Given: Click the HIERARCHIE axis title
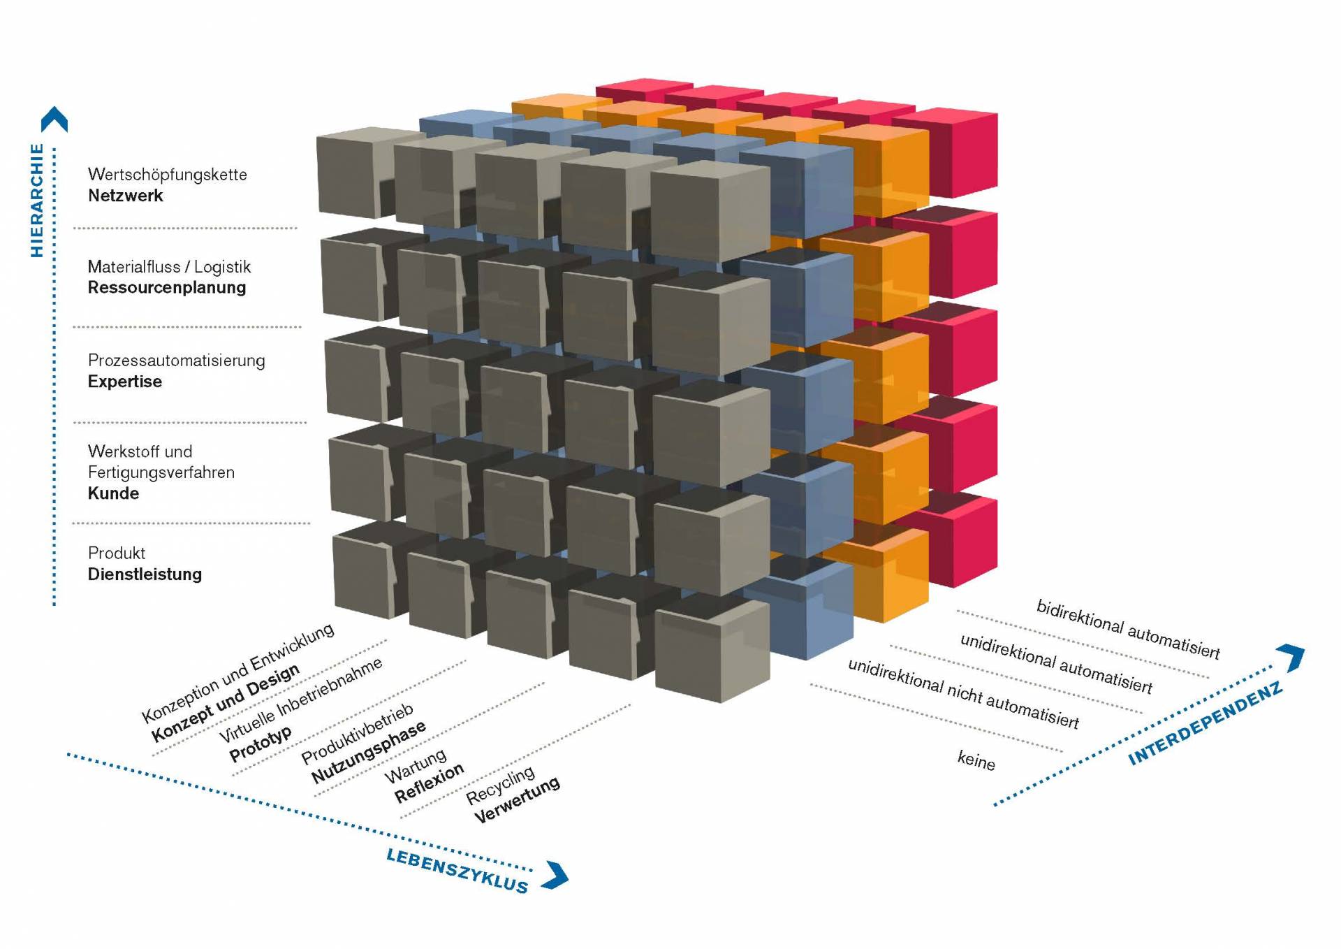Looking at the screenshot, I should point(37,201).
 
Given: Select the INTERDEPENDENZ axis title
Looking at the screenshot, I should point(1206,724).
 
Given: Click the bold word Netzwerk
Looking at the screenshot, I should point(125,196).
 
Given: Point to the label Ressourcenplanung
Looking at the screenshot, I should point(166,287).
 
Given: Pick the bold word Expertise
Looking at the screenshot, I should point(124,382).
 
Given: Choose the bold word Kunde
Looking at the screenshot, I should point(113,493).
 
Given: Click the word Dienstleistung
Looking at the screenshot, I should point(145,574).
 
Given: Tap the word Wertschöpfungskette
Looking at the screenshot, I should point(167,174).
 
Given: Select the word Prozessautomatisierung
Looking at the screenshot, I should point(176,361).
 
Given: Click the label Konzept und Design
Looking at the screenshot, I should point(226,704).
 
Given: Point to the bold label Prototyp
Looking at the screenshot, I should point(261,745).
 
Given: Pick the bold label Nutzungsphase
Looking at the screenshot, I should point(368,752).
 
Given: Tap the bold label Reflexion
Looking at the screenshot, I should point(429,783).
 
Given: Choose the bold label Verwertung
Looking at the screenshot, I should point(517,799).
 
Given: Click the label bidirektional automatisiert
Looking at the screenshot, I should point(1127,629).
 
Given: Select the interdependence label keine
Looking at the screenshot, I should point(976,760).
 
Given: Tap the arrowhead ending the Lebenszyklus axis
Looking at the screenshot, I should point(557,876).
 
